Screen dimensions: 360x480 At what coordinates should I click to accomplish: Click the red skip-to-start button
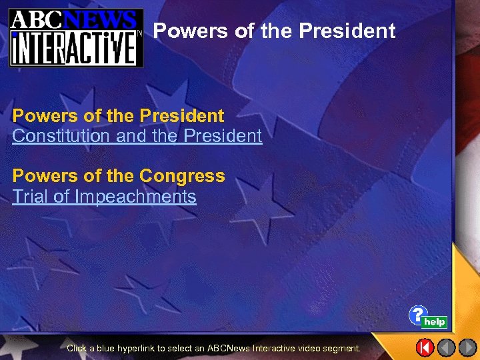(x=425, y=347)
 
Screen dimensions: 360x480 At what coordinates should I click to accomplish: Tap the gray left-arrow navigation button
(x=446, y=347)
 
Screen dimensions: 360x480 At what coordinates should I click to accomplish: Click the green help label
(x=435, y=322)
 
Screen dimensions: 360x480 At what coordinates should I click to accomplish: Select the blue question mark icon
(x=418, y=315)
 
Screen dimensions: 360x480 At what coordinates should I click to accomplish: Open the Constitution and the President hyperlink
(x=137, y=136)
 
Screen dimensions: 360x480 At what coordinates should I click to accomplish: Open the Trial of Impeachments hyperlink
(x=104, y=197)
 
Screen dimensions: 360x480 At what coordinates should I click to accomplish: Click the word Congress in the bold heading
(x=182, y=176)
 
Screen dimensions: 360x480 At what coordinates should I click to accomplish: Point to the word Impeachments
(x=136, y=197)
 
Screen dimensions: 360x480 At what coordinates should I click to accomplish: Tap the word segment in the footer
(x=343, y=348)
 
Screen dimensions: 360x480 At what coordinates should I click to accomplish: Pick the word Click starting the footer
(x=77, y=348)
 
